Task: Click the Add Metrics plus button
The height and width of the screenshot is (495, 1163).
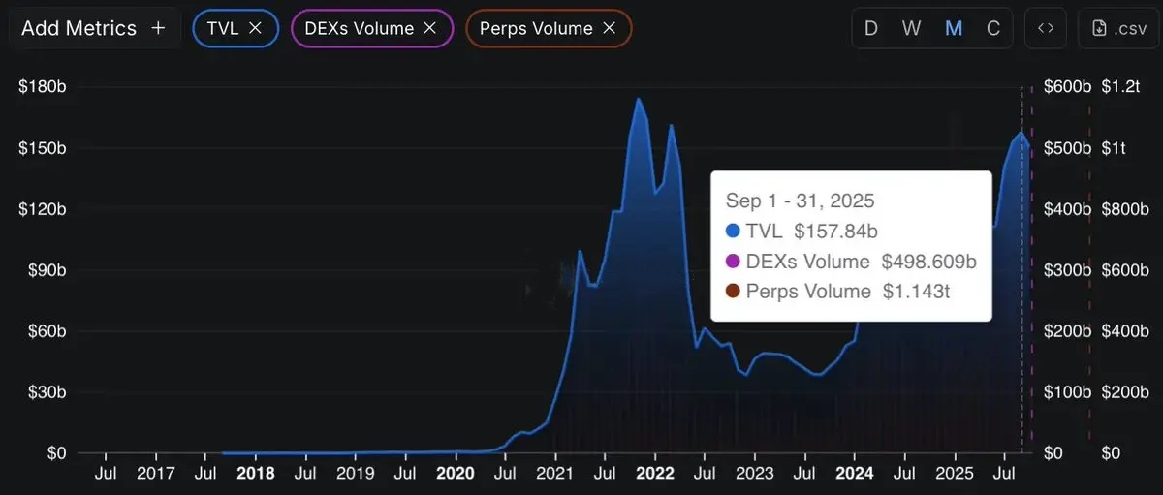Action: pos(159,28)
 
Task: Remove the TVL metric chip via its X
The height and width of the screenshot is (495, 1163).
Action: pos(255,28)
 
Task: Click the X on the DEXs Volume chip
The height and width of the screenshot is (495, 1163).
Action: pos(429,28)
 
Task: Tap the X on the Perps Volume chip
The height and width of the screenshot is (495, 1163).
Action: pos(609,28)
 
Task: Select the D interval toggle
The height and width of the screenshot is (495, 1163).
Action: pos(871,28)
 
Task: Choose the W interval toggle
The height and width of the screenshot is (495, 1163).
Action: pos(911,28)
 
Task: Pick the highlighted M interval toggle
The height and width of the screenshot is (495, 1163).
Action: pos(954,28)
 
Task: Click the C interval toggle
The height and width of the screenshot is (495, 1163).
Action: pos(993,28)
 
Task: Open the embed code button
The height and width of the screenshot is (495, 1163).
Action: pos(1046,28)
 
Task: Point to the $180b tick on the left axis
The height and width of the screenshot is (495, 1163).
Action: pos(43,87)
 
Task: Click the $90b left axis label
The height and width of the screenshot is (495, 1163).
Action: pos(43,270)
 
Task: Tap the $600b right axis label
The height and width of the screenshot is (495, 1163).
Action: pos(1066,87)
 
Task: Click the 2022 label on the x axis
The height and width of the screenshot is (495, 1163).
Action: pos(655,474)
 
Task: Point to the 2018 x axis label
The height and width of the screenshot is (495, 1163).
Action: pos(255,474)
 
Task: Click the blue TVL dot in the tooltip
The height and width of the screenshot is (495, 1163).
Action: pos(733,231)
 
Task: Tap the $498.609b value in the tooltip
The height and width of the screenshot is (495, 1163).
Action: pos(928,262)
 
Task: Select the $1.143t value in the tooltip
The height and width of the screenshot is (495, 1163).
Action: pos(916,291)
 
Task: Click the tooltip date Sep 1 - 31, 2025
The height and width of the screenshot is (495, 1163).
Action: pos(800,201)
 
